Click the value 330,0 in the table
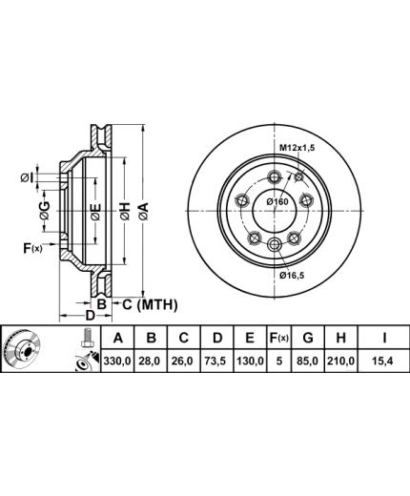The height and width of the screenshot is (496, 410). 117,361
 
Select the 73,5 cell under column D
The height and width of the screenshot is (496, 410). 217,361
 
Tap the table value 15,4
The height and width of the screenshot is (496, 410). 383,361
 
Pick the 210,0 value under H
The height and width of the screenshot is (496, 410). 340,361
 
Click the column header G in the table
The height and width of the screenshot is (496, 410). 308,338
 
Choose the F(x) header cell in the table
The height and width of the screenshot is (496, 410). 278,338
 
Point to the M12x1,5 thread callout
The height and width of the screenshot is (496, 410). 297,148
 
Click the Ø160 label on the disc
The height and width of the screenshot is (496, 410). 277,201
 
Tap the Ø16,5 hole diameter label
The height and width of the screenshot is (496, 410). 292,276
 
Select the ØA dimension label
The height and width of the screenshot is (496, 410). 143,211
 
